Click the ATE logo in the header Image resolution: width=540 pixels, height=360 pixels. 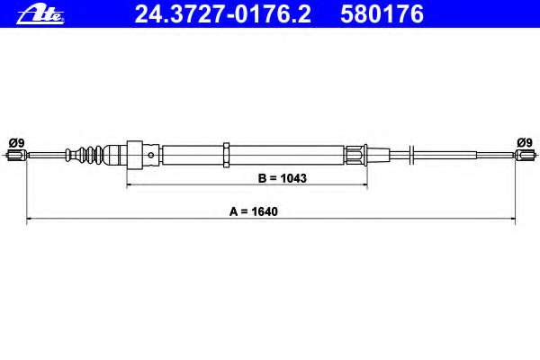click(x=40, y=14)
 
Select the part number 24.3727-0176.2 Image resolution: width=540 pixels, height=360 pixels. click(x=222, y=14)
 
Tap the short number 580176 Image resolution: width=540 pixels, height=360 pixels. click(x=382, y=14)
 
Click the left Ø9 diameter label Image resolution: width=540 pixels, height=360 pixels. click(x=16, y=142)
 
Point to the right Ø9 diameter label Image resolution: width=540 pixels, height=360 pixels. click(x=525, y=142)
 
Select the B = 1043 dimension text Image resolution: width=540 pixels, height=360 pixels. click(x=282, y=178)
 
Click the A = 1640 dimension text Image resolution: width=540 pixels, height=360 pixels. click(x=254, y=211)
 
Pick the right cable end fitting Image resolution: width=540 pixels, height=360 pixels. click(x=526, y=155)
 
